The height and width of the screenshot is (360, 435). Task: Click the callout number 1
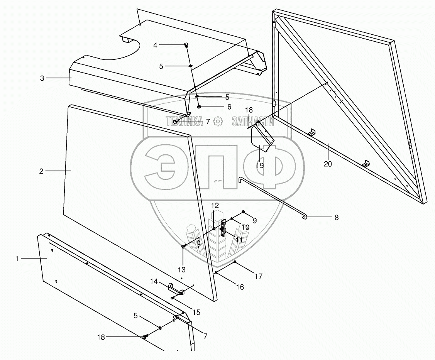(17, 259)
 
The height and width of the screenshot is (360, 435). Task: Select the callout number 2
(41, 171)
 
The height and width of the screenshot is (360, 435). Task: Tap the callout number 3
(42, 78)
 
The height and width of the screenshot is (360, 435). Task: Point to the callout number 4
(156, 45)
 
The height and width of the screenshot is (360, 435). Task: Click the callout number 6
(229, 107)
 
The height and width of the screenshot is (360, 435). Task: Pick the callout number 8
(337, 218)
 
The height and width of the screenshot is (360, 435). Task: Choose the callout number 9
(255, 220)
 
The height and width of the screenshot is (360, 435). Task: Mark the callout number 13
(182, 269)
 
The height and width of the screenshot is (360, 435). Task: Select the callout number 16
(240, 287)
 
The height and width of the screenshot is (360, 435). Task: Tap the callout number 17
(259, 276)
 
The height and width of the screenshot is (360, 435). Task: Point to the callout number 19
(260, 166)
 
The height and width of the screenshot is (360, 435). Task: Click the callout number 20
(328, 164)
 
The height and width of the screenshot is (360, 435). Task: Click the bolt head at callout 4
(186, 46)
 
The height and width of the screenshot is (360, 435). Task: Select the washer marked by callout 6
(199, 107)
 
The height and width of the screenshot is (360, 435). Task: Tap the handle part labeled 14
(176, 289)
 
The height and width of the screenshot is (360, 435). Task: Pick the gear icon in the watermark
(218, 122)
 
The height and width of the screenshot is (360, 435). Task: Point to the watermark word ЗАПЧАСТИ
(253, 122)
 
